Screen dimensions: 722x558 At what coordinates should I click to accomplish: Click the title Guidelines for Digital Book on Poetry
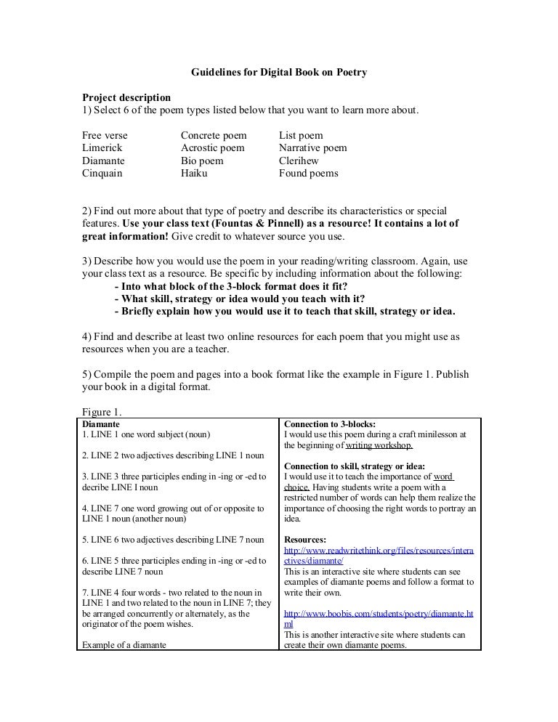pyautogui.click(x=279, y=73)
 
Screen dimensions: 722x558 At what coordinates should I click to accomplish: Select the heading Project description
pyautogui.click(x=126, y=97)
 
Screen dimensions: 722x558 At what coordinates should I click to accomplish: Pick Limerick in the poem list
pyautogui.click(x=102, y=148)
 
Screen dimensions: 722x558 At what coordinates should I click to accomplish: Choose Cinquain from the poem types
pyautogui.click(x=102, y=174)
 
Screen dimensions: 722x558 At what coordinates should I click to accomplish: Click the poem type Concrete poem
pyautogui.click(x=214, y=136)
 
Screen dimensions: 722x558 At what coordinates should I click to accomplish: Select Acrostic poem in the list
pyautogui.click(x=213, y=148)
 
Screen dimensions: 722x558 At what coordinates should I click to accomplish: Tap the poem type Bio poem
pyautogui.click(x=202, y=161)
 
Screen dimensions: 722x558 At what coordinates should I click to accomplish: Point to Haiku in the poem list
pyautogui.click(x=194, y=174)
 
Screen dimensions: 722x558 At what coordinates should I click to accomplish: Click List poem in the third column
pyautogui.click(x=301, y=136)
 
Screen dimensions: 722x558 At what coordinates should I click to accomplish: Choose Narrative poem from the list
pyautogui.click(x=312, y=148)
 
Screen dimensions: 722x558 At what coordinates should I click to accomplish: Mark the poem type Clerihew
pyautogui.click(x=299, y=161)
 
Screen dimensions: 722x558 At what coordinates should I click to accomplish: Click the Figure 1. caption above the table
pyautogui.click(x=100, y=411)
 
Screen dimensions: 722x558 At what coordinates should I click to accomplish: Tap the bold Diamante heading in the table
pyautogui.click(x=101, y=423)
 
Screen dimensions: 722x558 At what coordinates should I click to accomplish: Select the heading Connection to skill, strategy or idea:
pyautogui.click(x=355, y=466)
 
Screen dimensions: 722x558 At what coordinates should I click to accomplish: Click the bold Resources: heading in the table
pyautogui.click(x=305, y=540)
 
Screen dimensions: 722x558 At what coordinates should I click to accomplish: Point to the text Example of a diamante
pyautogui.click(x=124, y=644)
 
